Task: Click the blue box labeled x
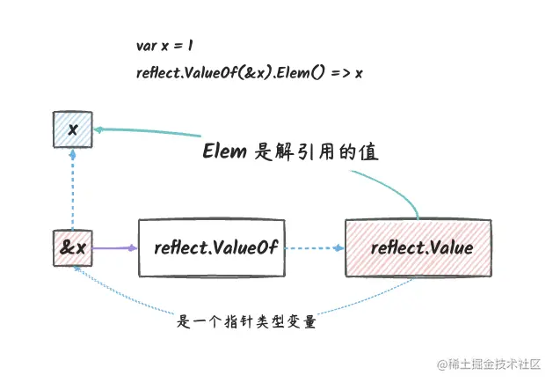tap(73, 129)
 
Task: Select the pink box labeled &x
tap(73, 247)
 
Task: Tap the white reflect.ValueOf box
tap(211, 247)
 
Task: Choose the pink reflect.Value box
tap(418, 247)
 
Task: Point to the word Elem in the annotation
tap(224, 151)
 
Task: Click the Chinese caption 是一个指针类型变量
tap(247, 321)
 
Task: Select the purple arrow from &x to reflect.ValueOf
tap(113, 248)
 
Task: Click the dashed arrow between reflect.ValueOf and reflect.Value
tap(312, 248)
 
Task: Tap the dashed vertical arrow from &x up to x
tap(73, 189)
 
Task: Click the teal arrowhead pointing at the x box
tap(99, 129)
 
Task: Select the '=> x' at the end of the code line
tap(347, 72)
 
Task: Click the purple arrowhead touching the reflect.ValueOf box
tap(133, 248)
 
